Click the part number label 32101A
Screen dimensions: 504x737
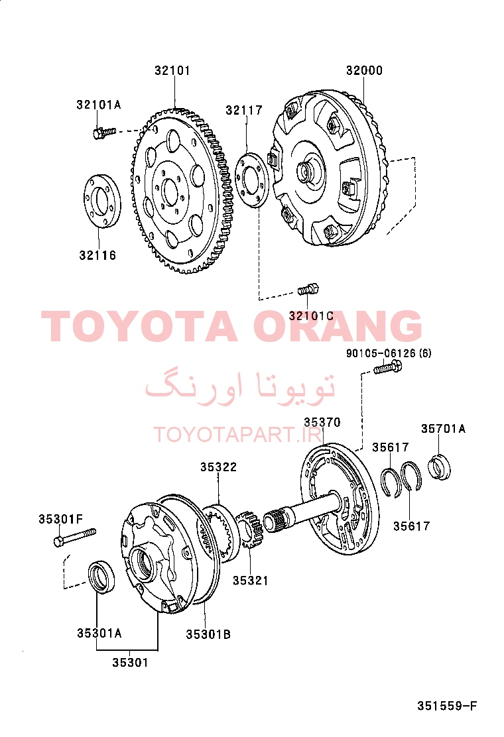(99, 104)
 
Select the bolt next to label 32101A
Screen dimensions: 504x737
(104, 133)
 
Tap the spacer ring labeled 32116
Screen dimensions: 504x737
(102, 200)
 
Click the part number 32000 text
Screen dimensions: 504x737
(364, 70)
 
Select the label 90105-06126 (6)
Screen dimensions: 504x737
(389, 353)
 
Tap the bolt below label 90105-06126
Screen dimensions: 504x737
(387, 367)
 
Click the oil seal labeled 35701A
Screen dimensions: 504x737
(439, 467)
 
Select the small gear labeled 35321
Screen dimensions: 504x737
(249, 530)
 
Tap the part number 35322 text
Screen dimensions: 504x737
(219, 467)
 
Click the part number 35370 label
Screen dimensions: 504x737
(322, 423)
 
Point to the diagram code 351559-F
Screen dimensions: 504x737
(447, 706)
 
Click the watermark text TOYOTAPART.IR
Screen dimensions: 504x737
(238, 435)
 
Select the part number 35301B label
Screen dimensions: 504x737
(208, 634)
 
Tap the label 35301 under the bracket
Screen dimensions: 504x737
(130, 663)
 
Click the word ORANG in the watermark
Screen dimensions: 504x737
(338, 325)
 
